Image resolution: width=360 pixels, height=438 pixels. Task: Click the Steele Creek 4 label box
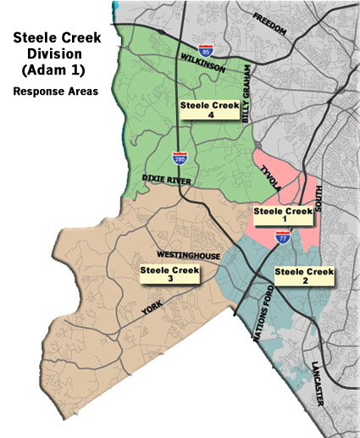point(210,110)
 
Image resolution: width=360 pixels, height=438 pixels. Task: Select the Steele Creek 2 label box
point(305,276)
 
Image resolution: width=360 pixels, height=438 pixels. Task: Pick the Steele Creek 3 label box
point(169,274)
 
